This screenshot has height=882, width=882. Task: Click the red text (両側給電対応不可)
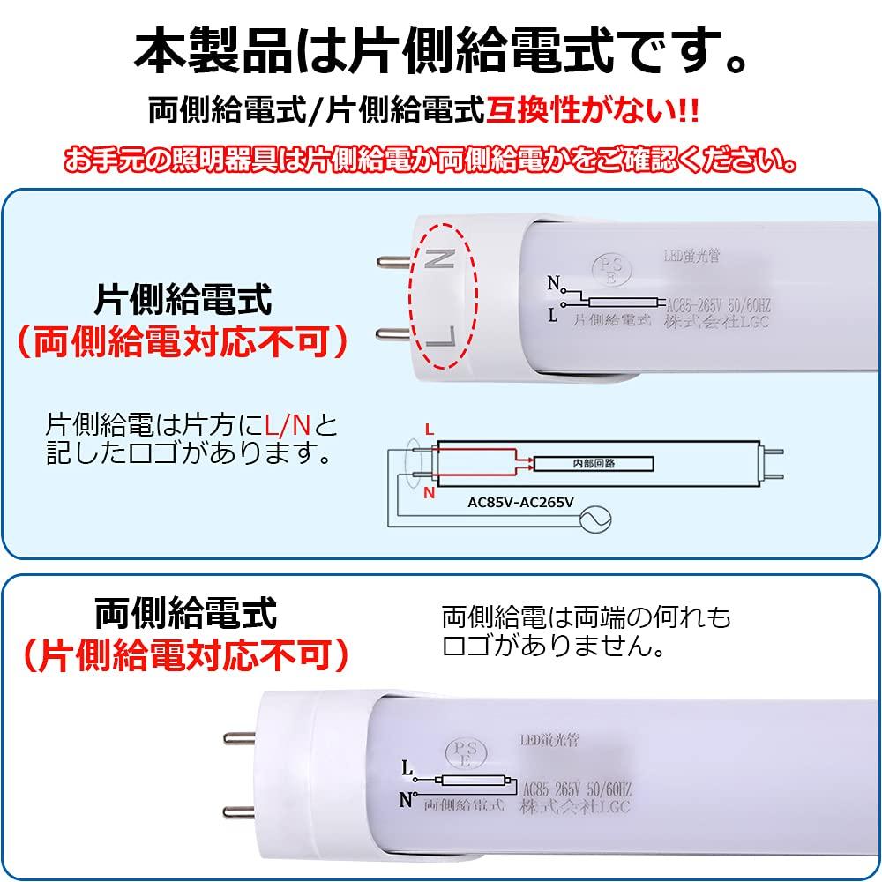(x=183, y=342)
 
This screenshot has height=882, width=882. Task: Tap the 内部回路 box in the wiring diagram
(x=595, y=463)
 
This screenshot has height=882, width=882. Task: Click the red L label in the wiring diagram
(x=430, y=430)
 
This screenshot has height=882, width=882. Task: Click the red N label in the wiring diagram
(x=429, y=493)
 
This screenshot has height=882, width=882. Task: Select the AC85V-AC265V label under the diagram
(x=520, y=503)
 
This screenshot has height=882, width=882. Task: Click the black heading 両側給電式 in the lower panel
(x=185, y=611)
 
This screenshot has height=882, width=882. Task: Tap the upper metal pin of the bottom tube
(x=237, y=736)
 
